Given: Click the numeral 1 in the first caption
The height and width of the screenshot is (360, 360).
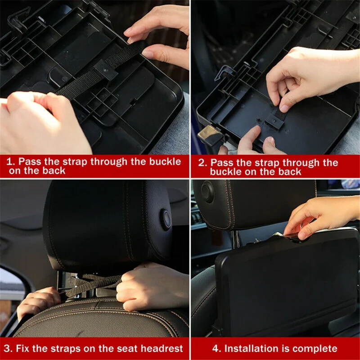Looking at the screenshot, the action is tap(10, 162).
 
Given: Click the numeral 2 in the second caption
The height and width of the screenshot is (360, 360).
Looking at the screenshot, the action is tap(202, 163).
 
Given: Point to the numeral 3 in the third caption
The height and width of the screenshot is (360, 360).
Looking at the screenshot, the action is tap(7, 348).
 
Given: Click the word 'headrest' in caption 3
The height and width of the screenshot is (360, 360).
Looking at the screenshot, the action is tap(162, 348).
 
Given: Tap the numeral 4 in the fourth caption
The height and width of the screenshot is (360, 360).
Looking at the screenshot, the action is tap(216, 348).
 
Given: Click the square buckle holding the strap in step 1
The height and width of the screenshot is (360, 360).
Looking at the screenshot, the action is tap(105, 69).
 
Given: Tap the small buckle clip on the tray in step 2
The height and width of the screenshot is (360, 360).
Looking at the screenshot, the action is tap(274, 121).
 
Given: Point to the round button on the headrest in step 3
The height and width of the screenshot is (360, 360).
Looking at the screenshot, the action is tap(166, 219).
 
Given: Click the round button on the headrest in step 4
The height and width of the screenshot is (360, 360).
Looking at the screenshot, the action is tap(207, 191).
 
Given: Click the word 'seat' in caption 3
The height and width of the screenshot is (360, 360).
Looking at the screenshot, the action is tap(127, 348).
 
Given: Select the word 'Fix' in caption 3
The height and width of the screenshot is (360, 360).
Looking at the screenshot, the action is tap(23, 348).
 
